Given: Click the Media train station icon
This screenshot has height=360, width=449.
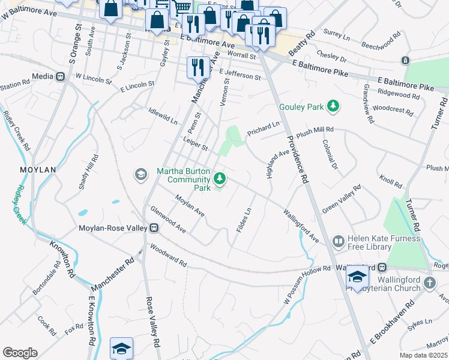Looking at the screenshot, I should coord(60,77).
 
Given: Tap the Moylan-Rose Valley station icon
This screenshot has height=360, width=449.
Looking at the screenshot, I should coord(154,228).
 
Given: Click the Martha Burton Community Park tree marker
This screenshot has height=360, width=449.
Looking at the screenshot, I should coord(220,178).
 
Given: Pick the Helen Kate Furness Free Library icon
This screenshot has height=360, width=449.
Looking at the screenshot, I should coord(338,241).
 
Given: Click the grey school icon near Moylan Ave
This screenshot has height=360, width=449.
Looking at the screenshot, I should coord(140,175).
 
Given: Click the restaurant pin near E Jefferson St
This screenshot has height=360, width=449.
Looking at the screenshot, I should coord(197,68).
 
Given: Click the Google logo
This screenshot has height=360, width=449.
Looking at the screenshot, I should coord(20,353).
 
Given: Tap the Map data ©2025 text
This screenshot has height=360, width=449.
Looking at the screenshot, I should coord(423,355).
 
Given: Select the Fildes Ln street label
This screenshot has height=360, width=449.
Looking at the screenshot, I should coord(243,221).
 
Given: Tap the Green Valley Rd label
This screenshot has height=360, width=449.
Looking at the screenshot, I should coord(342,199).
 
